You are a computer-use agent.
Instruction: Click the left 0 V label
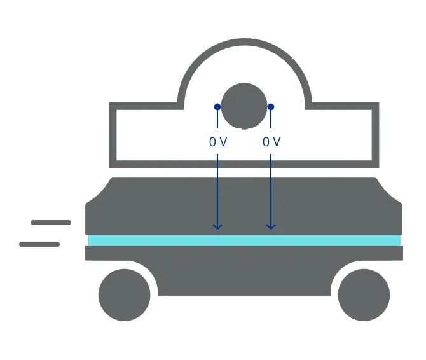(x=217, y=142)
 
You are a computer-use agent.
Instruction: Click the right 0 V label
(x=271, y=142)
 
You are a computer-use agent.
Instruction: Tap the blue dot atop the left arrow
(x=217, y=107)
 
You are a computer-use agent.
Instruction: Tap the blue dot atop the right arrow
(x=271, y=107)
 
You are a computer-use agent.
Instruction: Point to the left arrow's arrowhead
(x=217, y=226)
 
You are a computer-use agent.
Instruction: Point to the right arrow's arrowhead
(x=271, y=226)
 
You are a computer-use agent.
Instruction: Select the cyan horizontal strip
(x=244, y=240)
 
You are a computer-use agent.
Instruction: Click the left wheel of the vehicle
(x=124, y=294)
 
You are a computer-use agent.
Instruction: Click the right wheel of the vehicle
(x=363, y=294)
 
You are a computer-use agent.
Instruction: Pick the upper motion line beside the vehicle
(x=51, y=224)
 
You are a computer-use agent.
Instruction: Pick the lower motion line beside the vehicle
(x=38, y=244)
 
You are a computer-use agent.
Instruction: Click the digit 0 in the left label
(x=212, y=142)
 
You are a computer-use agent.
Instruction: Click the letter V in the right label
(x=276, y=142)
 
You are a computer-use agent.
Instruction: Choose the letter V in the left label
(x=223, y=142)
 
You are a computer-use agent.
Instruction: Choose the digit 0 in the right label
(x=266, y=142)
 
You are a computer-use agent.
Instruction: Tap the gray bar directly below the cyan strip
(x=244, y=254)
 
